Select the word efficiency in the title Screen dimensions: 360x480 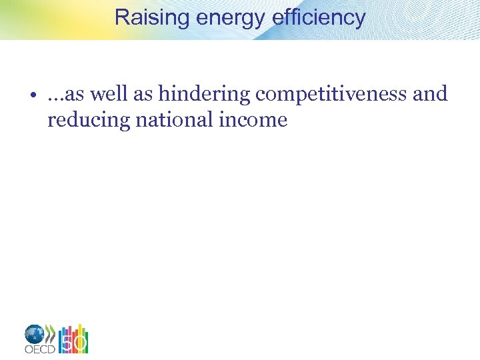click(319, 17)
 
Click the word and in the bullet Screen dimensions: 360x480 click(430, 95)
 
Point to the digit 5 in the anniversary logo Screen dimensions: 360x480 click(67, 343)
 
